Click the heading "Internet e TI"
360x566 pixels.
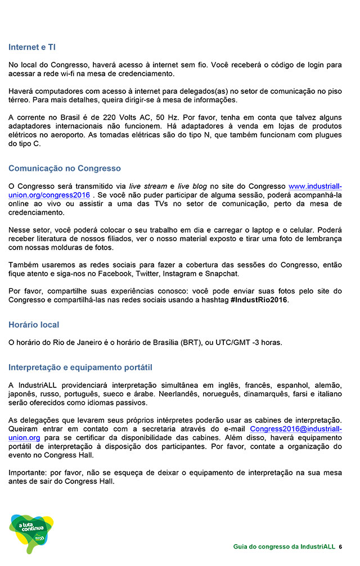click(32, 47)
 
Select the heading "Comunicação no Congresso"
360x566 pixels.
click(65, 168)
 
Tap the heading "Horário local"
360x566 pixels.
click(34, 324)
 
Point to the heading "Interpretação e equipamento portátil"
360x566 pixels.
click(80, 367)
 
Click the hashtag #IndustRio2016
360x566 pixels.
click(259, 300)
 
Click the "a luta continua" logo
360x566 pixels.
click(31, 532)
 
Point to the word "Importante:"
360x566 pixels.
click(28, 473)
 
